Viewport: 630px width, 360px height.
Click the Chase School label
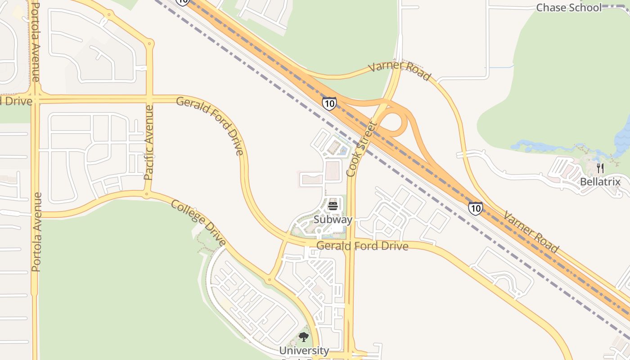tap(569, 8)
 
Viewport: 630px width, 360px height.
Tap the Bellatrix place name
tap(600, 182)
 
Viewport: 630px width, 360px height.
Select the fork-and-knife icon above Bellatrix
tap(600, 168)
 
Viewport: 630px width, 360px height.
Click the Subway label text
tap(333, 220)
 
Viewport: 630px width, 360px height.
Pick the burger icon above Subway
tap(333, 206)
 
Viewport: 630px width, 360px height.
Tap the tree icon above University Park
tap(304, 337)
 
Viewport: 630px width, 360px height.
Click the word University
tap(304, 350)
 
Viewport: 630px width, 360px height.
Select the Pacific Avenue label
tap(149, 142)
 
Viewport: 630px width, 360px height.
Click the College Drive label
tap(198, 223)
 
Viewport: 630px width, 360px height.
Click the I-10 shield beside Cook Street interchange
tap(329, 103)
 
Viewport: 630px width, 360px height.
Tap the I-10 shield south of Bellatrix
tap(475, 208)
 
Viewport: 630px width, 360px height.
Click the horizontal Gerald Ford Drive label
tap(362, 246)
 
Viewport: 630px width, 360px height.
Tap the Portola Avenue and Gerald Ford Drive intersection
tap(35, 99)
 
